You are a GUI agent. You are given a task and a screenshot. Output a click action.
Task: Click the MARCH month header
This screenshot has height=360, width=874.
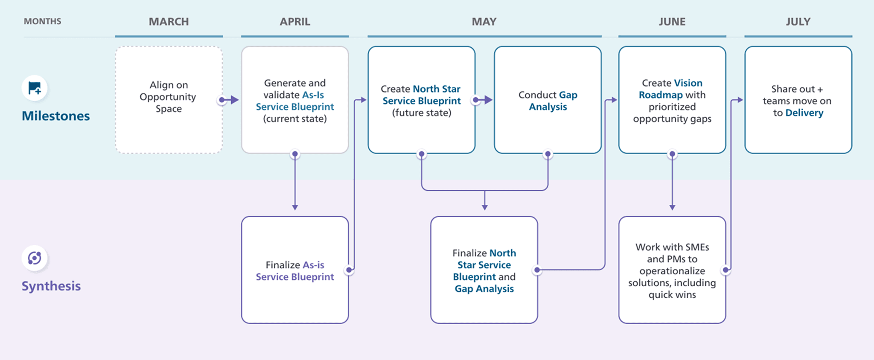(169, 22)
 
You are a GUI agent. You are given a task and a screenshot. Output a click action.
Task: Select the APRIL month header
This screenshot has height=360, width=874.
(295, 22)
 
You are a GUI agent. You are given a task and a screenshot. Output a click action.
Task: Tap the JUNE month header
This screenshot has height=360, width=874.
(672, 22)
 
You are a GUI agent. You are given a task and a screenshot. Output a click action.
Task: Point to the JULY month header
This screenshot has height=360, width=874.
(798, 22)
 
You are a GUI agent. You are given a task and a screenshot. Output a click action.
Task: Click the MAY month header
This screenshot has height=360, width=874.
(484, 22)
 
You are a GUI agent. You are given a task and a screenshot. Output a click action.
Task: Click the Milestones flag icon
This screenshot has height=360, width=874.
(35, 88)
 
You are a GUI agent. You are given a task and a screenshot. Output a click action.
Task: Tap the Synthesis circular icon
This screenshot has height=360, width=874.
(35, 258)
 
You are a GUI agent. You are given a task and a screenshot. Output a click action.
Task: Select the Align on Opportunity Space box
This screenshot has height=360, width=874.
(169, 100)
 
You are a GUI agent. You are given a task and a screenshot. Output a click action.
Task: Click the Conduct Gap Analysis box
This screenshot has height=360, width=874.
(548, 100)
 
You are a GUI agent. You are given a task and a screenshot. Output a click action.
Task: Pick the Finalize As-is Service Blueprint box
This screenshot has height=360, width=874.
(295, 270)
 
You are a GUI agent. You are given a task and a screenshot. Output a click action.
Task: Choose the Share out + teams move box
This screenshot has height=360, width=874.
(798, 100)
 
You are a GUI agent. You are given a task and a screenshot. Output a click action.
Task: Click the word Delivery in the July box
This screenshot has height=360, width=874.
(804, 113)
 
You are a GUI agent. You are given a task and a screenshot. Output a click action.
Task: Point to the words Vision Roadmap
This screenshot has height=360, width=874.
(672, 89)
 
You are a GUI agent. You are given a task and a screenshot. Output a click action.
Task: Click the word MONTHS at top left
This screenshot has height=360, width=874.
(42, 21)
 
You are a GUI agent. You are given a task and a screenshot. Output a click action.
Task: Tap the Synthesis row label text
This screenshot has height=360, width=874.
(51, 286)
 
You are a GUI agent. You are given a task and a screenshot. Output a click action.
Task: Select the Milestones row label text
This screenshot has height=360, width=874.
(56, 116)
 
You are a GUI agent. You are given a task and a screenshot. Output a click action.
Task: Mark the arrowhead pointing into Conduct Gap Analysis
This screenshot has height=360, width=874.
(489, 100)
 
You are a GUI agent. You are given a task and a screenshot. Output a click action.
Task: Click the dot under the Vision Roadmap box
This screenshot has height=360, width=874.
(672, 154)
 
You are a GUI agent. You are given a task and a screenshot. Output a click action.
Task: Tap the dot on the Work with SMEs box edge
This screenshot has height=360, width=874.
(725, 270)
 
